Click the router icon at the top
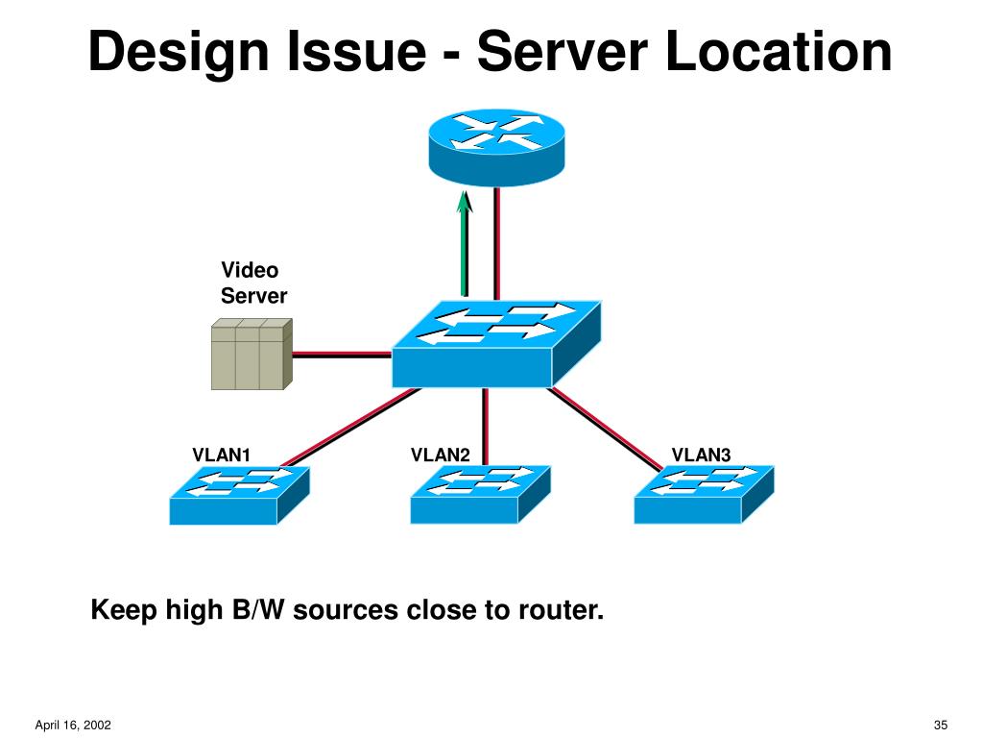(496, 146)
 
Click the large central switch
(495, 343)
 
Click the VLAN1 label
(221, 455)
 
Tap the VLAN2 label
(441, 455)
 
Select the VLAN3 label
(701, 455)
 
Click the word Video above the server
(250, 270)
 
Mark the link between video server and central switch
(342, 355)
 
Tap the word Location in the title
(780, 53)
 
